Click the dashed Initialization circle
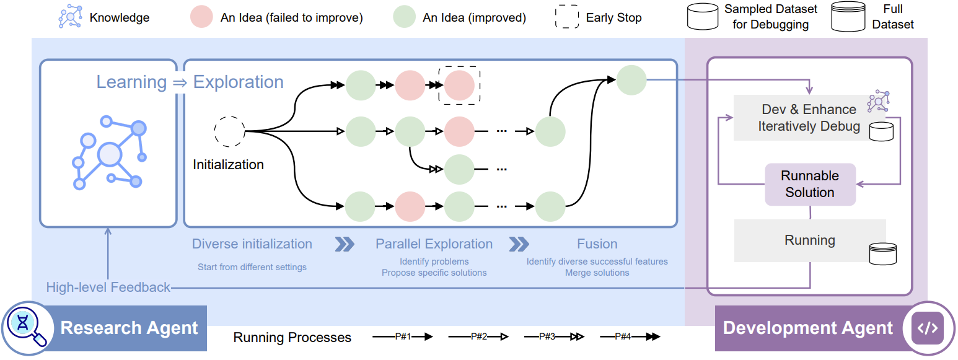(229, 131)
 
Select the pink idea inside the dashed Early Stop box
(459, 86)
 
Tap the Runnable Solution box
(810, 184)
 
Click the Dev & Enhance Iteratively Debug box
(809, 118)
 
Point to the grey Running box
(809, 240)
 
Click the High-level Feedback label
(108, 288)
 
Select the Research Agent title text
(129, 328)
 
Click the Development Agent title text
(808, 328)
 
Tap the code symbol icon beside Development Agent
(928, 328)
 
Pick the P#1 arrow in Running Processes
(402, 337)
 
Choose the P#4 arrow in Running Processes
(630, 337)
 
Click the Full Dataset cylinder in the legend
(848, 17)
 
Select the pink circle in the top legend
(201, 17)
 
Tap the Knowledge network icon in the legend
(70, 17)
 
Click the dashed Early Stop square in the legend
(566, 17)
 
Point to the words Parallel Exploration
(434, 244)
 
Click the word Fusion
(597, 244)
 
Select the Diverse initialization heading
(252, 244)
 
